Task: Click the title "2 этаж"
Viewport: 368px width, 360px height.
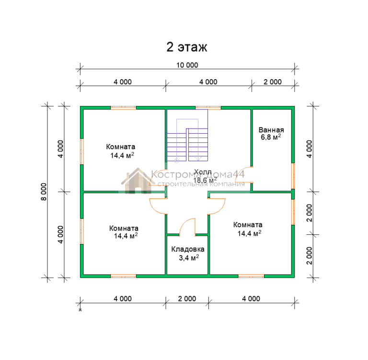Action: click(x=187, y=47)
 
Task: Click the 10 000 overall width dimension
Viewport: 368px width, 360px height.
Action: click(x=187, y=65)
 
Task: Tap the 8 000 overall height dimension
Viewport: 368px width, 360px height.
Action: click(x=44, y=192)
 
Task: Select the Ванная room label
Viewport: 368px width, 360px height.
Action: click(x=271, y=130)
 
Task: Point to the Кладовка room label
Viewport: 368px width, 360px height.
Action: click(x=187, y=249)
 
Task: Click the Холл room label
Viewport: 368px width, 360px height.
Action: click(x=203, y=172)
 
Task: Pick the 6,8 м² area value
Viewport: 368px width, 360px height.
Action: click(x=271, y=137)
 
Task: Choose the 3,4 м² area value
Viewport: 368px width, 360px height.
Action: click(x=189, y=258)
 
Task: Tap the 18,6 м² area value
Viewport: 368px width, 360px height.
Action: click(x=205, y=180)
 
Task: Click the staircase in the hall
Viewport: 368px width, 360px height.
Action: click(x=187, y=136)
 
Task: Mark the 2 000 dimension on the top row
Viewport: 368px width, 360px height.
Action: click(x=273, y=82)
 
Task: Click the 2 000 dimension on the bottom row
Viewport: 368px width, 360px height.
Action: click(x=187, y=299)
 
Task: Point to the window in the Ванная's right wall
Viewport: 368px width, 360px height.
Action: click(x=293, y=176)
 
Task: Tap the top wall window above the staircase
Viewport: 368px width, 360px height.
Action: click(x=208, y=108)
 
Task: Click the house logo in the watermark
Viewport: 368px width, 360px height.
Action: click(x=138, y=181)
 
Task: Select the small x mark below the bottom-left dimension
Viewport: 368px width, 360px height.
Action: click(x=80, y=310)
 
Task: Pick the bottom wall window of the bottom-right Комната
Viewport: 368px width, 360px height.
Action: click(x=252, y=276)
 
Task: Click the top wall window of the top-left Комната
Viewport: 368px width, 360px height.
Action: click(x=124, y=108)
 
